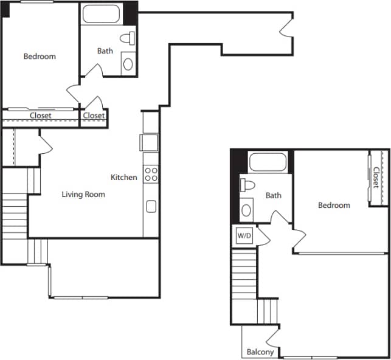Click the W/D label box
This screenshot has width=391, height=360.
click(x=244, y=234)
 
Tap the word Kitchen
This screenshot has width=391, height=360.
click(x=123, y=178)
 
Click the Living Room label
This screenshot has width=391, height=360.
click(x=83, y=195)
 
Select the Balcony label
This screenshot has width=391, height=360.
click(x=260, y=352)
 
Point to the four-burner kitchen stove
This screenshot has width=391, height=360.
click(x=151, y=174)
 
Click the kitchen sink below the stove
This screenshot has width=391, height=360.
click(x=151, y=206)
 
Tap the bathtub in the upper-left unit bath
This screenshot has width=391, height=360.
click(x=102, y=14)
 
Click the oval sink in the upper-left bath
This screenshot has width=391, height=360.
click(x=128, y=63)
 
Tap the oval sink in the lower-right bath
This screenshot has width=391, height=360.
click(x=246, y=210)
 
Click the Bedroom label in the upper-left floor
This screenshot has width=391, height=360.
click(x=40, y=57)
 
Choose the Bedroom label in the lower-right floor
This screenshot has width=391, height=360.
click(x=334, y=206)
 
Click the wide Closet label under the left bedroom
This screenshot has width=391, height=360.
click(x=41, y=116)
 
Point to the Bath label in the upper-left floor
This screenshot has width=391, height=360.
click(x=105, y=51)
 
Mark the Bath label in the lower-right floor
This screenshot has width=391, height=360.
click(x=274, y=196)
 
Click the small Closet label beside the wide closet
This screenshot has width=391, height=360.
click(x=94, y=116)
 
